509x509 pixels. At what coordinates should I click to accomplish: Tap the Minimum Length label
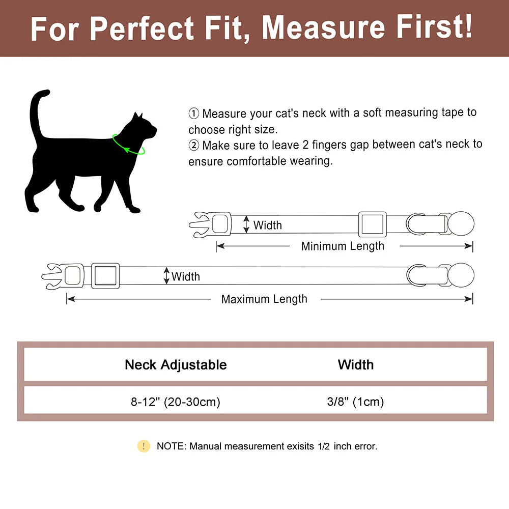343,246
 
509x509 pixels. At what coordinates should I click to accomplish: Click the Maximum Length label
264,299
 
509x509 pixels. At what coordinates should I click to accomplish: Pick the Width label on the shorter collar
267,225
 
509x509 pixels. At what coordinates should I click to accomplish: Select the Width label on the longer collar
186,276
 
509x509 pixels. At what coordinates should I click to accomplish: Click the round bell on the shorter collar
461,224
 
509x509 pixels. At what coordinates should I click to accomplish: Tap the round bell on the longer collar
461,275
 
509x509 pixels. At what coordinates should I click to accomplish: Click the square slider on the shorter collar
373,224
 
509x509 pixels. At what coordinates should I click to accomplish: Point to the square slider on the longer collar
105,276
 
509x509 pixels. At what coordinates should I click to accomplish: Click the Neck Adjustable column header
176,364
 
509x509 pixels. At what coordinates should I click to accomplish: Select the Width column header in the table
355,364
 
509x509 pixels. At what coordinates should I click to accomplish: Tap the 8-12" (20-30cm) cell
176,402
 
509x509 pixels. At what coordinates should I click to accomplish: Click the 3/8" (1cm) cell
355,402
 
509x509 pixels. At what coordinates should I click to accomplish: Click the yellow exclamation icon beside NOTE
144,446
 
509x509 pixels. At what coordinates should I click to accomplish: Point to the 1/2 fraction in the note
324,446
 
